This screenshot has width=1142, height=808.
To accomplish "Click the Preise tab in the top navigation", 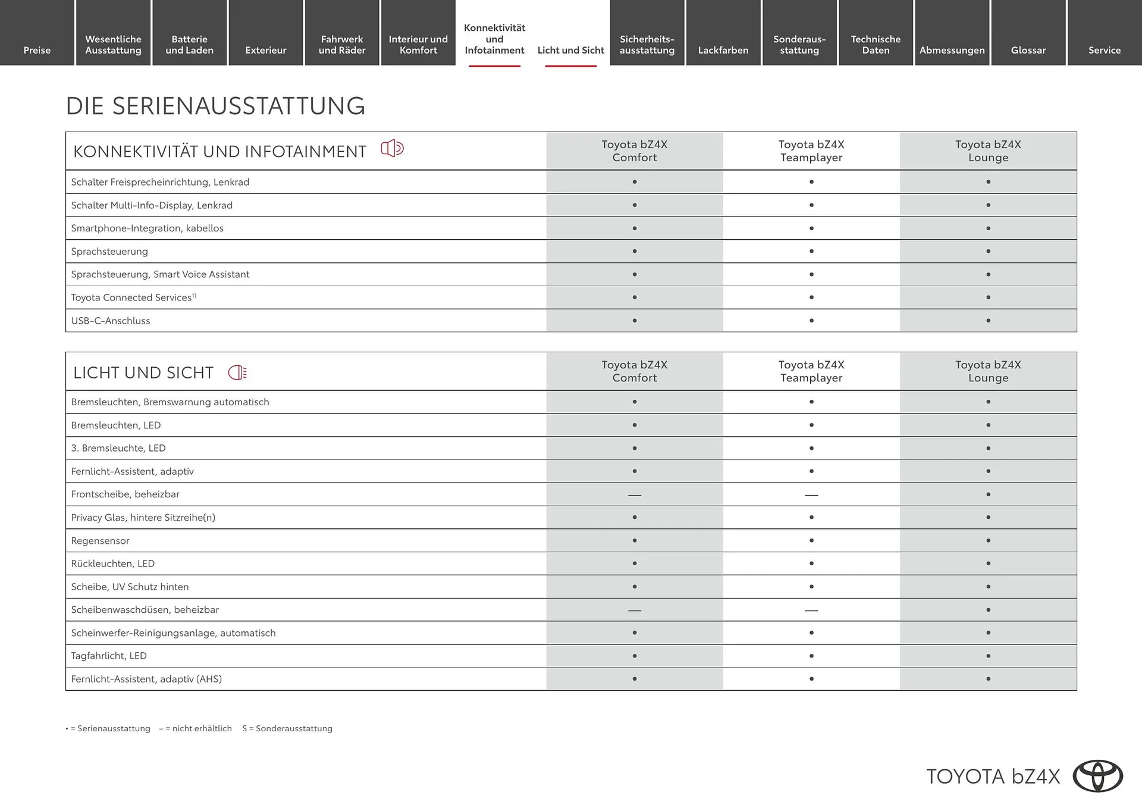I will point(37,50).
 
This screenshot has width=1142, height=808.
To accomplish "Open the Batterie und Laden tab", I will point(189,45).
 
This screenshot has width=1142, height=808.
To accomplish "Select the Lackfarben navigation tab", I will point(723,50).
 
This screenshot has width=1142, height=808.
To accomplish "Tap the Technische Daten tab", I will point(876,45).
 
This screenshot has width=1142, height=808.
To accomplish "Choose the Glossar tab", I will point(1028,50).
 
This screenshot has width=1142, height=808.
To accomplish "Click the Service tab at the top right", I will point(1104,50).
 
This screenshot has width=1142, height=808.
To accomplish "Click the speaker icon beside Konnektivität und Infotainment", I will point(392,148).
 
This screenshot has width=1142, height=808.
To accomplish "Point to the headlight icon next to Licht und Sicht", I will point(237,372).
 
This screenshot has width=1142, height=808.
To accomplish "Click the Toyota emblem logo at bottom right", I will point(1097,776).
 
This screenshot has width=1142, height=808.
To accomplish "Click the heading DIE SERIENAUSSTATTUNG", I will point(215,106).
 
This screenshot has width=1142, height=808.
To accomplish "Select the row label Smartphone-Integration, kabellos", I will point(147,228).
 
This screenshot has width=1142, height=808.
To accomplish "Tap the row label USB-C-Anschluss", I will point(111,321).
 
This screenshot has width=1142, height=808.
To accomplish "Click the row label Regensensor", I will point(100,541).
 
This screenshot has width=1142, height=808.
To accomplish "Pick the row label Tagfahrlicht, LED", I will point(109,656).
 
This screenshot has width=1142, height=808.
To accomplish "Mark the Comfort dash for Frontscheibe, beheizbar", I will point(635,494).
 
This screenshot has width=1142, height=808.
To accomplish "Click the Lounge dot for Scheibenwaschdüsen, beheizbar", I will point(988,610).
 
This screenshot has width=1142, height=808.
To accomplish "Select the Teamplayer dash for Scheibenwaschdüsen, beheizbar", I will point(811,610).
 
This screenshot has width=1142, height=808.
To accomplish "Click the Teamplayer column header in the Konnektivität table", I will point(811,151).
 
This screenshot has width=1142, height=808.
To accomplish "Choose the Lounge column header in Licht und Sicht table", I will point(988,371).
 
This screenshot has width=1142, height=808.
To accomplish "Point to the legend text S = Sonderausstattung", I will point(287,728).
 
